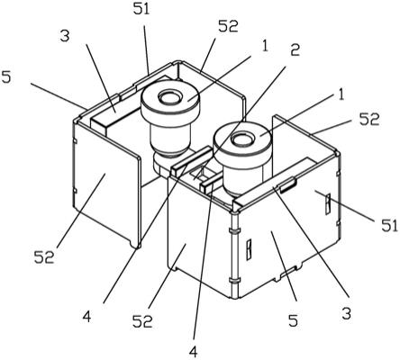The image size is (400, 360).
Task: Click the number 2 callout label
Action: coord(295,50)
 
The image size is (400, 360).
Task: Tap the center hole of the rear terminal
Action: coord(170,97)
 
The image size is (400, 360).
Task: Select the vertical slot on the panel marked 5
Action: coord(249,249)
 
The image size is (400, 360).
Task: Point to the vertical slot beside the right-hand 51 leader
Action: coord(328,204)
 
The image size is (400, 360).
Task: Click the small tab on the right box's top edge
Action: coord(288,184)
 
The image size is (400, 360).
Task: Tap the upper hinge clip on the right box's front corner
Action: coord(234,230)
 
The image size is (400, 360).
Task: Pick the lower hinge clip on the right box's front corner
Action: coord(234,280)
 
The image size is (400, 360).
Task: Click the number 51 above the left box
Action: coord(141,9)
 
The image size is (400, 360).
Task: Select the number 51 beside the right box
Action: coord(389,225)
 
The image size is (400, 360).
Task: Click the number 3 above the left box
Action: coord(65,36)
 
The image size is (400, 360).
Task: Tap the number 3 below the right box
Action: coord(346,314)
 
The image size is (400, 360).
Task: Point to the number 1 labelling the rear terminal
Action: coord(264,46)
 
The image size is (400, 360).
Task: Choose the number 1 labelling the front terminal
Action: coord(341,94)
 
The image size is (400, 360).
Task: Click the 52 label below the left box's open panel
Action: coord(44,257)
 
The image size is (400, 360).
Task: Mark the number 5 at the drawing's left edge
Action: coord(6,77)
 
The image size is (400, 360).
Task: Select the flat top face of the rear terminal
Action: coord(170,98)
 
